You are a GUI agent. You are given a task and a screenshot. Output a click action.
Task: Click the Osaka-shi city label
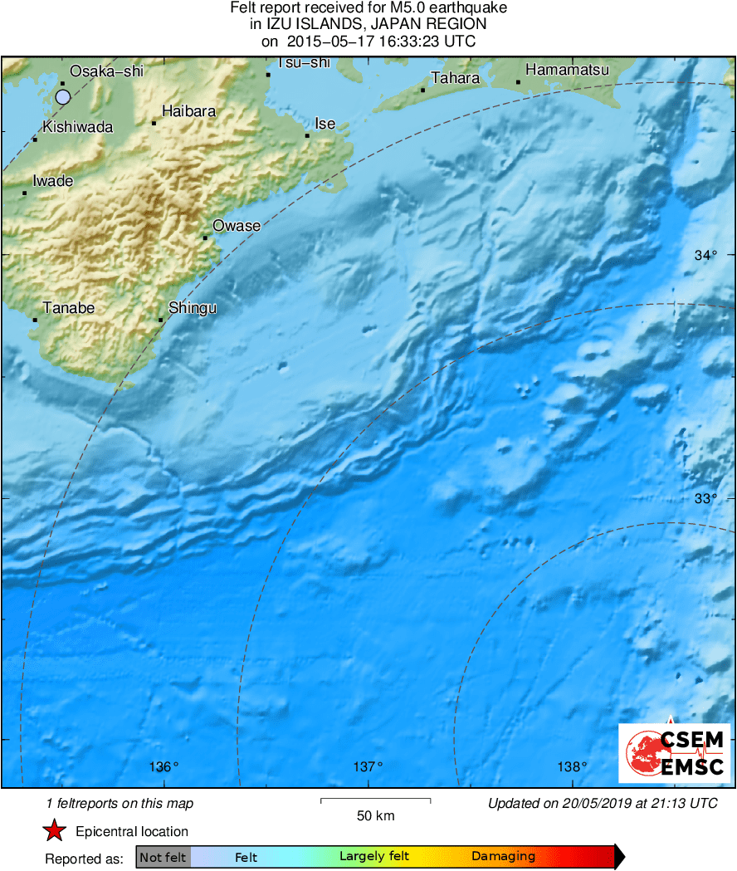106,71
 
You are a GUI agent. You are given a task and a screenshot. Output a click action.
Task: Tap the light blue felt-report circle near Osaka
63,97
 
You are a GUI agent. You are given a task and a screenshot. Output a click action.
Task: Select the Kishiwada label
77,127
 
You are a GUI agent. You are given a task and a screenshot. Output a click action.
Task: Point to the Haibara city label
189,110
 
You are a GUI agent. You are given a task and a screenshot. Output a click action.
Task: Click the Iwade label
53,181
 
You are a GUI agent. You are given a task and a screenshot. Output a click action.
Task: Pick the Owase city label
237,226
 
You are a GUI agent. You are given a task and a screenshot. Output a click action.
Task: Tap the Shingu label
193,308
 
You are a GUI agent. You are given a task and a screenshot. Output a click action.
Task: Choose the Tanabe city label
69,308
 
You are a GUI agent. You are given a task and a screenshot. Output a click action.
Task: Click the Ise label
325,124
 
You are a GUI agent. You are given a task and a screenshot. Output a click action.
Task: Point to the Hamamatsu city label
568,71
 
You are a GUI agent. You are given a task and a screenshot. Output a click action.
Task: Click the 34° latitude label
705,256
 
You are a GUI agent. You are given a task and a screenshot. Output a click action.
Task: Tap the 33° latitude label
705,498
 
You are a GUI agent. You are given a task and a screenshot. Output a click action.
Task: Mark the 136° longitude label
164,766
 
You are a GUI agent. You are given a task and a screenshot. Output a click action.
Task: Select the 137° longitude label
368,766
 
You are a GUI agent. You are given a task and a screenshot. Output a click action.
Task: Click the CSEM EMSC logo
675,752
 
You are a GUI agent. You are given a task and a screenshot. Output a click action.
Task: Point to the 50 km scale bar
375,801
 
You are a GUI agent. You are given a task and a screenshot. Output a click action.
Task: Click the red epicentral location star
55,830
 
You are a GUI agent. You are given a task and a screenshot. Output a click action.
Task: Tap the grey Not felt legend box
163,857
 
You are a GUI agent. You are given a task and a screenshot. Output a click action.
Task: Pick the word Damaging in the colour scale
503,857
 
